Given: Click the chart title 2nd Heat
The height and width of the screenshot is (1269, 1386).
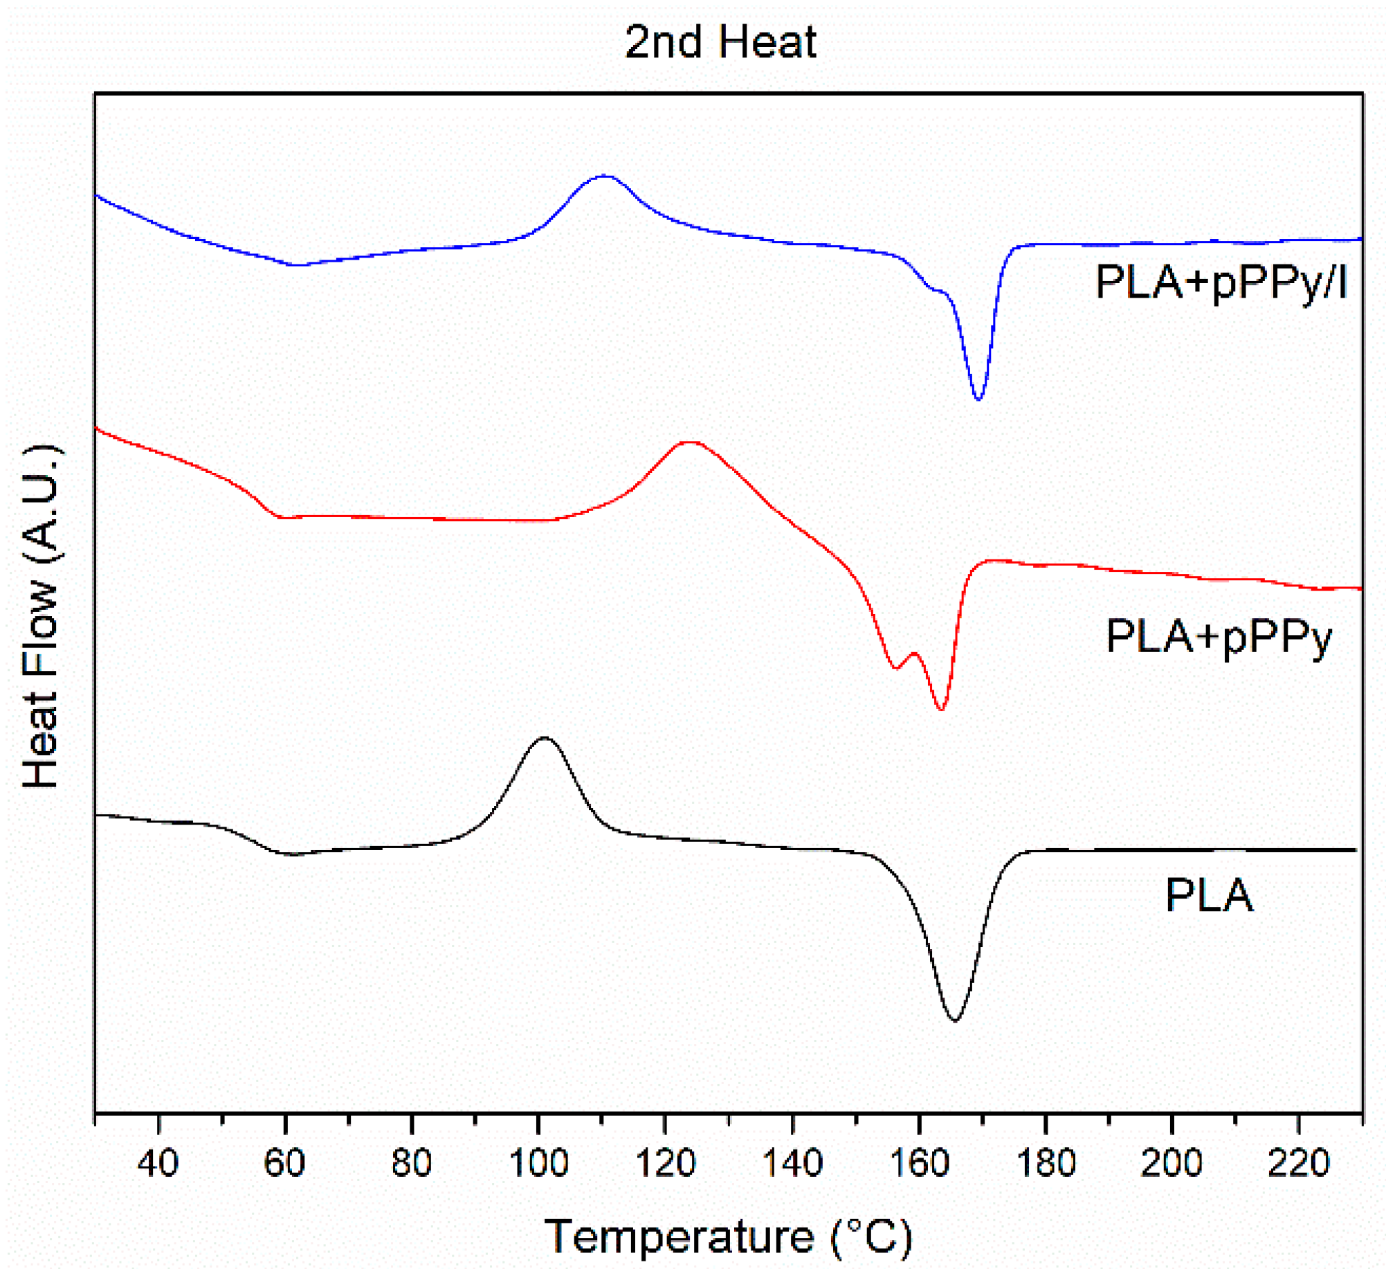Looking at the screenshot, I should point(720,42).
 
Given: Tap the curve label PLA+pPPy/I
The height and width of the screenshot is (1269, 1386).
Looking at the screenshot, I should point(1221,282).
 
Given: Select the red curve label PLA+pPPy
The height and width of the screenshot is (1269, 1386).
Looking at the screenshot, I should point(1219,636).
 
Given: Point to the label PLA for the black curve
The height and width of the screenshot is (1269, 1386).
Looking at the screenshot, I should point(1209,895).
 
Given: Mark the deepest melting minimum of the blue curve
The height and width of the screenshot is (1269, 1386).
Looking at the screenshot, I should point(978,399).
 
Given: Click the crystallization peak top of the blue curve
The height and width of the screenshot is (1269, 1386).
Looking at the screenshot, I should point(605,176).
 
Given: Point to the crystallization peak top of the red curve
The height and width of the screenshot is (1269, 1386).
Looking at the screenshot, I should point(690,442).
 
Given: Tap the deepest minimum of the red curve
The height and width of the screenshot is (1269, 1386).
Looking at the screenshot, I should point(940,709).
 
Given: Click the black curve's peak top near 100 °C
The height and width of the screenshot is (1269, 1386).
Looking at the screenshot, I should point(545,737).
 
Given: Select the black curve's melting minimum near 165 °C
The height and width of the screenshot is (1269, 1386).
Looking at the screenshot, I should point(954,1020).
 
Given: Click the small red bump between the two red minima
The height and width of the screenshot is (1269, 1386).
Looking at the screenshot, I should point(914,653).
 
